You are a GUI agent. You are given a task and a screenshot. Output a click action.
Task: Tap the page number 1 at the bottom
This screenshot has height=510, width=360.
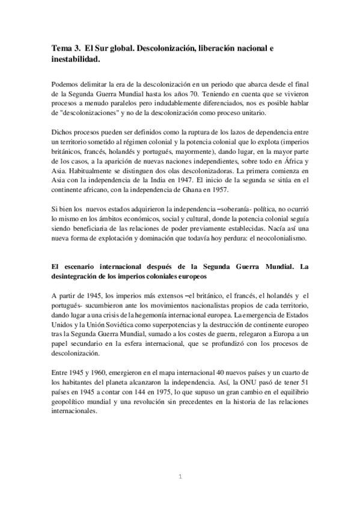coord(180,477)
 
